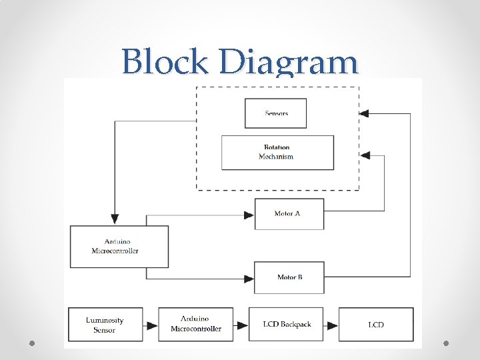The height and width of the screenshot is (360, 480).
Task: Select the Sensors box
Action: coord(276,113)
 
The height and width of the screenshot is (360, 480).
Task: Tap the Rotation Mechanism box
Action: coord(277,152)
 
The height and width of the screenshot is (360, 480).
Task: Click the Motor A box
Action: coord(289,213)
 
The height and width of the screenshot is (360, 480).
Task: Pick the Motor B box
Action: coord(289,277)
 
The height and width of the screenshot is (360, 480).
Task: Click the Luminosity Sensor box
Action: coord(105,325)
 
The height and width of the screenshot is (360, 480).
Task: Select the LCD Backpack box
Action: coord(286,325)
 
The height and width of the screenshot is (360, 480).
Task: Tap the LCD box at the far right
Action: coord(376,325)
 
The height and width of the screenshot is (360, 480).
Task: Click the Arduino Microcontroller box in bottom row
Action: coord(196,325)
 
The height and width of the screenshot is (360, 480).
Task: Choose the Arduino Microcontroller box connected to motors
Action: coord(119,246)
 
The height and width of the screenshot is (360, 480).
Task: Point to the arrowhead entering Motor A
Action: coord(249,214)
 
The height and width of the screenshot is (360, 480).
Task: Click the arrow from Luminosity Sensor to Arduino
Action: coord(151,325)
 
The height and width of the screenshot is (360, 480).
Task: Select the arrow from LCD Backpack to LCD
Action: coord(331,325)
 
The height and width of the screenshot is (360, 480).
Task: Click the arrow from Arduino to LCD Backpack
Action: coord(241,325)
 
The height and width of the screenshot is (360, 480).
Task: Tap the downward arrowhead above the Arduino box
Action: coord(115,219)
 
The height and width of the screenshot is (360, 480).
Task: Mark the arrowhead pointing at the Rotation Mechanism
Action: coord(364,155)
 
